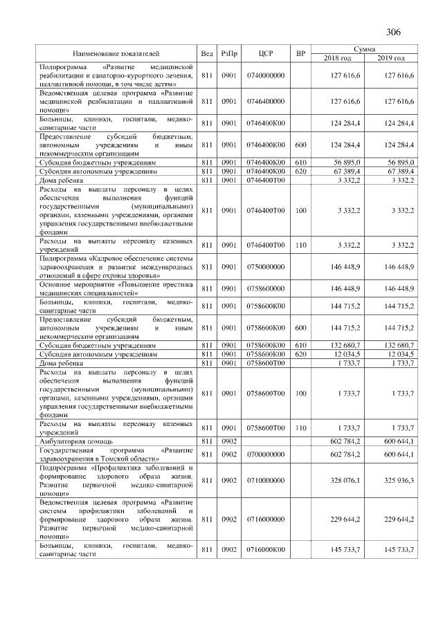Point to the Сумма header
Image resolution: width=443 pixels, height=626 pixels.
point(364,49)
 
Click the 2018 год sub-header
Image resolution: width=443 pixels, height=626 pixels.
point(338,57)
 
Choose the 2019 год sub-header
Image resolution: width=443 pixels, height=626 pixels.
point(391,57)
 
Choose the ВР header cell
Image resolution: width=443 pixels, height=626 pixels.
point(300,53)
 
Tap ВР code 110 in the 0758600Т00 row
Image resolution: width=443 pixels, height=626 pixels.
point(300,427)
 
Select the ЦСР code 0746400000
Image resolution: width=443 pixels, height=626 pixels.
point(266,101)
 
